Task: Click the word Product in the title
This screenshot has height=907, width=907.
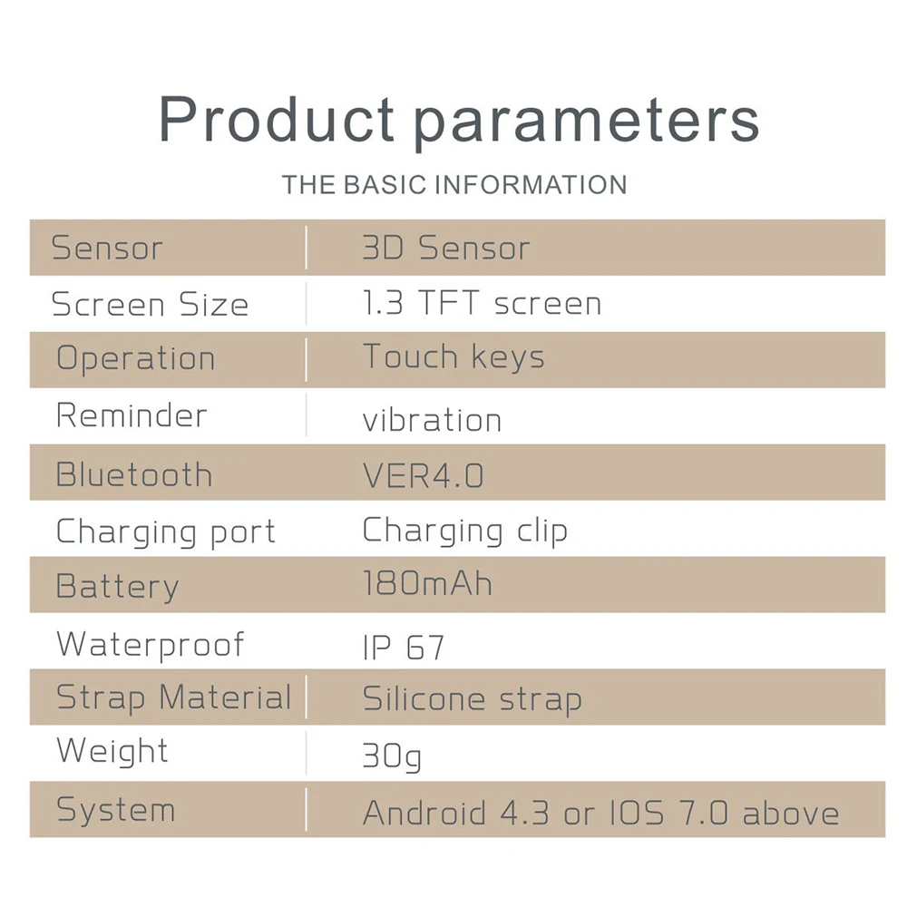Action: click(x=277, y=119)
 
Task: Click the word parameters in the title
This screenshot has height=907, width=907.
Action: click(x=587, y=123)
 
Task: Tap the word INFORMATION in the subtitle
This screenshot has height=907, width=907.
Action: click(x=531, y=185)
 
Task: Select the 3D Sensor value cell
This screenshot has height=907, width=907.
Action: click(x=446, y=249)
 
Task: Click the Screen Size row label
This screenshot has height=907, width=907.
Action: click(x=150, y=304)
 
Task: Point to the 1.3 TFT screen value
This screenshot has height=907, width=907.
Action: click(x=482, y=303)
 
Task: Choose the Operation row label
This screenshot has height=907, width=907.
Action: click(x=136, y=358)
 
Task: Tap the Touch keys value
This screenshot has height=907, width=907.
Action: click(x=453, y=356)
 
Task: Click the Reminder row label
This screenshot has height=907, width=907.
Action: click(x=132, y=415)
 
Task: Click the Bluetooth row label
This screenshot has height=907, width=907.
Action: click(x=134, y=475)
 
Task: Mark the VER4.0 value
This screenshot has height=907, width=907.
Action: click(x=423, y=476)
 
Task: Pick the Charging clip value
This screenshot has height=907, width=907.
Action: click(x=465, y=531)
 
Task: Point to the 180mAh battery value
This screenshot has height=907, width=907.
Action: click(x=427, y=583)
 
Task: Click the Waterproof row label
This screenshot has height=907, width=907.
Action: click(x=151, y=646)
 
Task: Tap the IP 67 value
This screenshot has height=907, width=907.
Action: click(x=404, y=648)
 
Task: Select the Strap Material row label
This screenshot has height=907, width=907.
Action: click(x=174, y=697)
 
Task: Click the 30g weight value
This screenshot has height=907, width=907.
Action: click(x=392, y=756)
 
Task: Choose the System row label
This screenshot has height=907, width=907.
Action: click(x=116, y=810)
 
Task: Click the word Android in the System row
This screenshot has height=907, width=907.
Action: click(x=424, y=813)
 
